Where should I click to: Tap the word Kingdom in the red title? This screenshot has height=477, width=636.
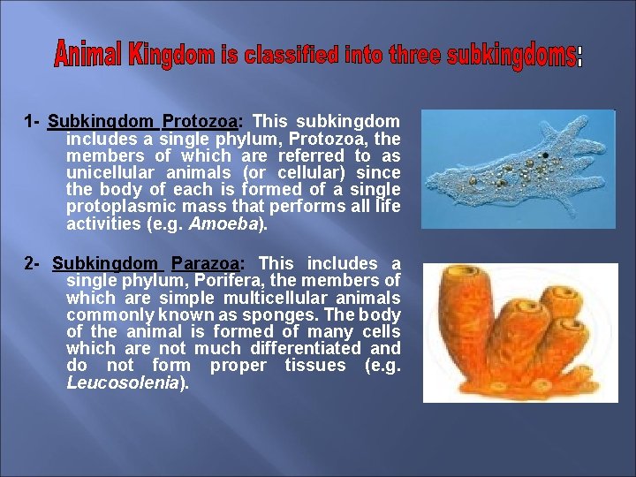[171, 55]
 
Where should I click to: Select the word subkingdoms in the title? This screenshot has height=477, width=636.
[511, 57]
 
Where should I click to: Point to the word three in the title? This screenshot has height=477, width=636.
[411, 56]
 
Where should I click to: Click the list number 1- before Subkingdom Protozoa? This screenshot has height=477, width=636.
[33, 121]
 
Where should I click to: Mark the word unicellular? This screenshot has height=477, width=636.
[110, 172]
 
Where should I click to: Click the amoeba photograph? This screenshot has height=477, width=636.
[517, 169]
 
